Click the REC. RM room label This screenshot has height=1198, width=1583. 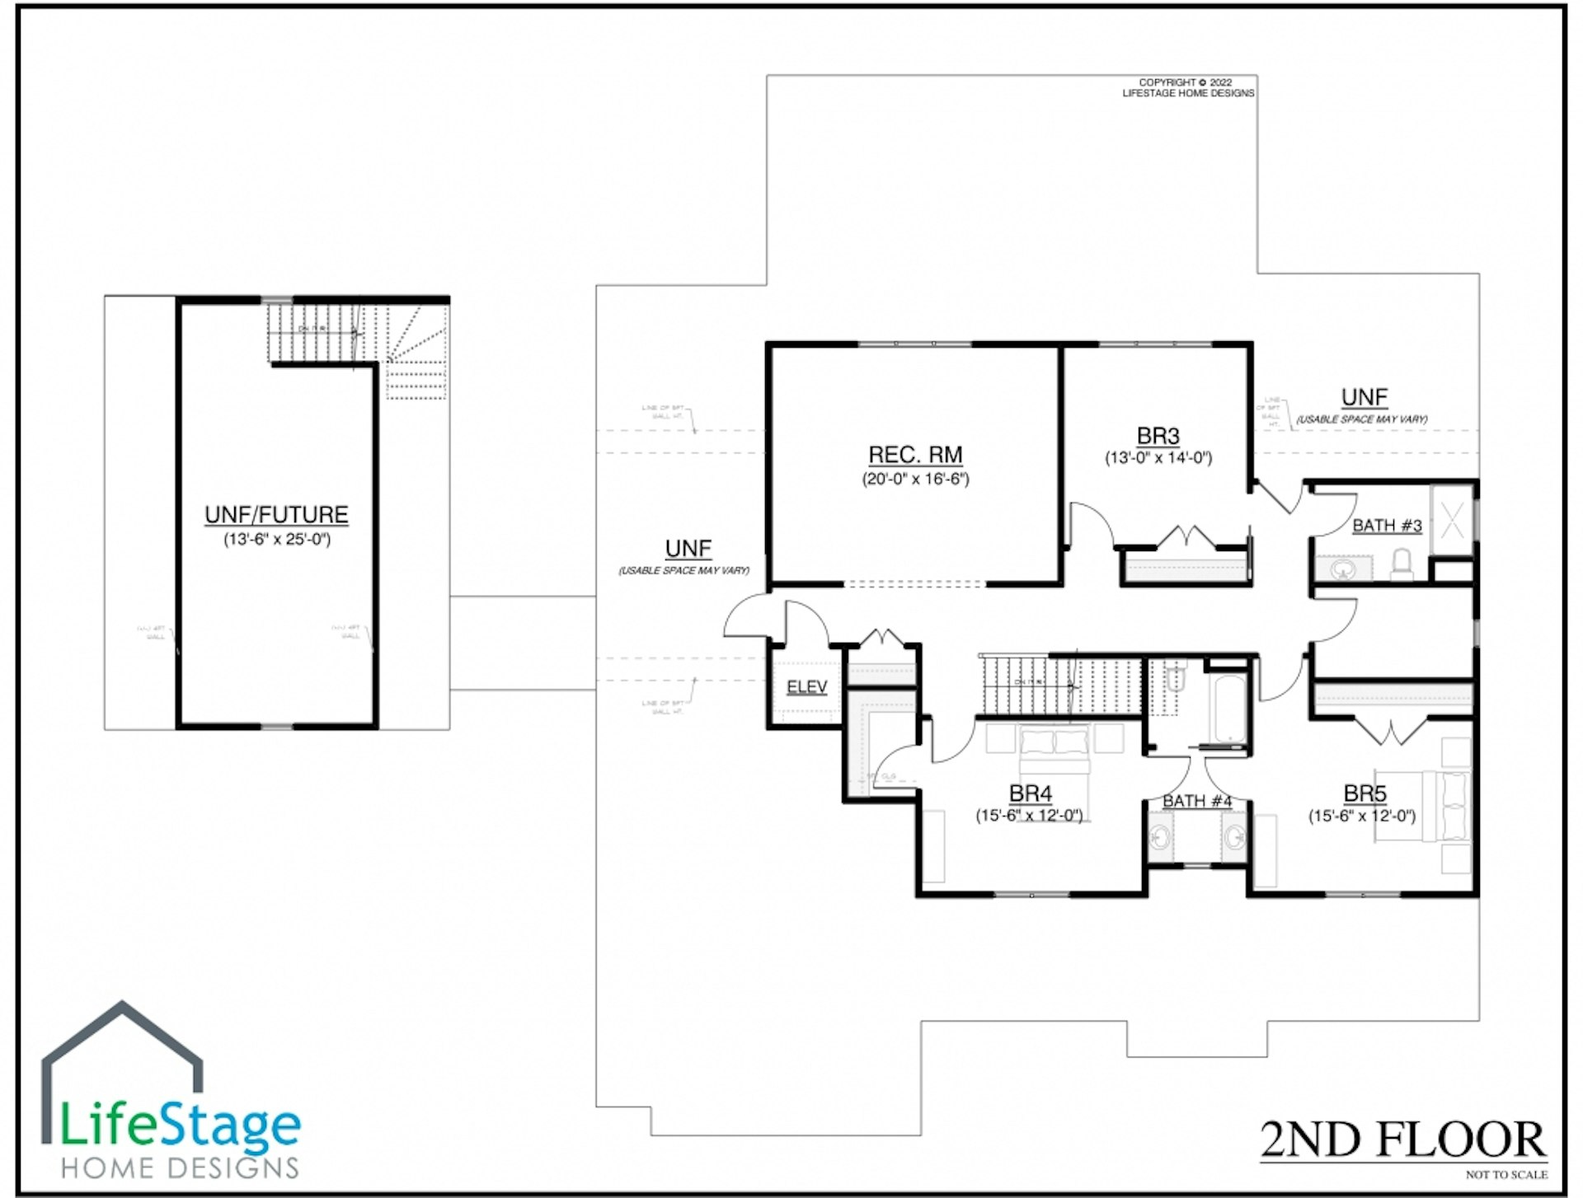click(x=915, y=455)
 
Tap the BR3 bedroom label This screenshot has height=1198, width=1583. click(x=1158, y=436)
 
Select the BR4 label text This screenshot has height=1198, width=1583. click(x=1030, y=793)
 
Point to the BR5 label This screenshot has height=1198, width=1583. click(x=1365, y=793)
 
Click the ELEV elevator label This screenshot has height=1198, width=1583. click(x=806, y=687)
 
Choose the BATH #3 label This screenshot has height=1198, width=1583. click(x=1387, y=526)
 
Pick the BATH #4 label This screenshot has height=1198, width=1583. click(x=1196, y=801)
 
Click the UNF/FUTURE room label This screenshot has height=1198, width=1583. click(x=276, y=515)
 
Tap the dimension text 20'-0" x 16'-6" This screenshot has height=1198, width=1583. click(x=915, y=479)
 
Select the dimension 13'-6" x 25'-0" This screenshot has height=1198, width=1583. click(x=276, y=540)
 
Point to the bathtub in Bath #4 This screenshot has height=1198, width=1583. click(x=1228, y=709)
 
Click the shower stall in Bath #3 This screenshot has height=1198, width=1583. click(x=1452, y=521)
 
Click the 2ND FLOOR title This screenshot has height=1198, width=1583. click(x=1402, y=1140)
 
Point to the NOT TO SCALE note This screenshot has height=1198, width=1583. click(x=1506, y=1175)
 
